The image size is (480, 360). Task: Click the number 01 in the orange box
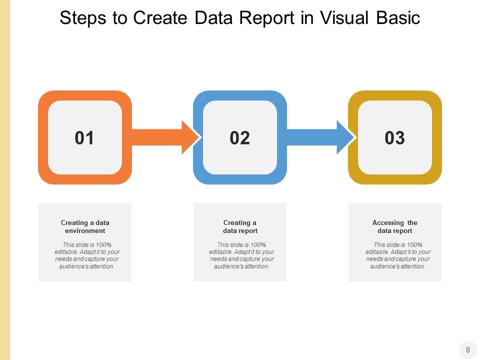click(x=84, y=138)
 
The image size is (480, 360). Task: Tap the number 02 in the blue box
click(x=239, y=138)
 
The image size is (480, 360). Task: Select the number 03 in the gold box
click(x=394, y=138)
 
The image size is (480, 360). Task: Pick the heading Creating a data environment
click(x=85, y=226)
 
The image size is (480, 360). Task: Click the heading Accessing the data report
click(x=394, y=226)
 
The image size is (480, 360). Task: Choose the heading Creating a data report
click(x=240, y=226)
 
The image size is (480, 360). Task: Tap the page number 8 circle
click(x=468, y=349)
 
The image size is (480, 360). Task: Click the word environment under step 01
click(x=85, y=231)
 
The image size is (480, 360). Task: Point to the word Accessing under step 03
click(x=388, y=223)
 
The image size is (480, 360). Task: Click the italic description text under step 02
click(x=241, y=255)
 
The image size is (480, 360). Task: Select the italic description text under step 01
click(x=87, y=255)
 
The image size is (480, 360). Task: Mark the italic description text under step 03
click(x=397, y=255)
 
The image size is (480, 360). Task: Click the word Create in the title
click(x=160, y=18)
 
